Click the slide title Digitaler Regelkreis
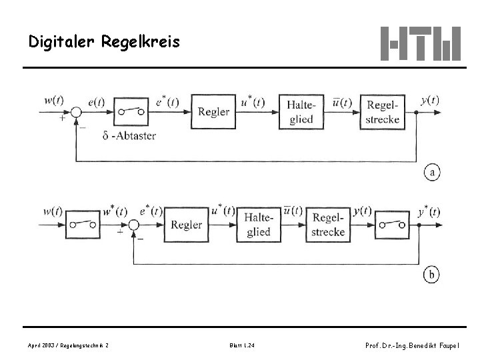coord(104,42)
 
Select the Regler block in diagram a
coord(213,112)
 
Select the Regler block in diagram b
coord(186,225)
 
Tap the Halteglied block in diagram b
coord(259,225)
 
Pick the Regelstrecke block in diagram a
coord(383,112)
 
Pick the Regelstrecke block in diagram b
coord(328,225)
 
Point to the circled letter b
coord(432,274)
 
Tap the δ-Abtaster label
coord(130,135)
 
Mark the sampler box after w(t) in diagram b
coord(83,225)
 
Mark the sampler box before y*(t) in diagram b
coord(392,225)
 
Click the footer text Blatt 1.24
coord(241,345)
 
